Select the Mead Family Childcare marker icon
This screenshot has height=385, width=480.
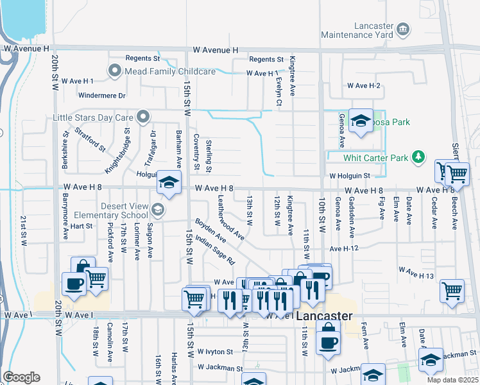pos(116,71)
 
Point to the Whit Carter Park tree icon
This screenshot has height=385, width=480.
pos(418,157)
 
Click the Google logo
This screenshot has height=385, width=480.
pos(21,377)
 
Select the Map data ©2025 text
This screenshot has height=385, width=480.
pos(452,380)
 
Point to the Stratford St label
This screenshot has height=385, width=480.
pos(90,139)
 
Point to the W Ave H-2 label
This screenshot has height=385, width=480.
pos(364,85)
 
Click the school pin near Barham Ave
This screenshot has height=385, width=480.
pos(169,182)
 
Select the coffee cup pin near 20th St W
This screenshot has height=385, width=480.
pos(73,284)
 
